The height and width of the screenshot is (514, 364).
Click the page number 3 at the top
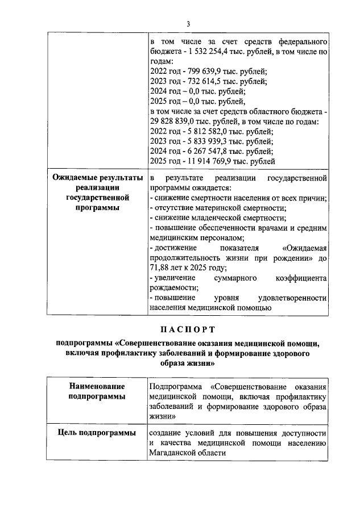pos(188,23)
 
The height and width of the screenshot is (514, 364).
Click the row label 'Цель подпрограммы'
pos(97,433)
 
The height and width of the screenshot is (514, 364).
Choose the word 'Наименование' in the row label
pos(97,386)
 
